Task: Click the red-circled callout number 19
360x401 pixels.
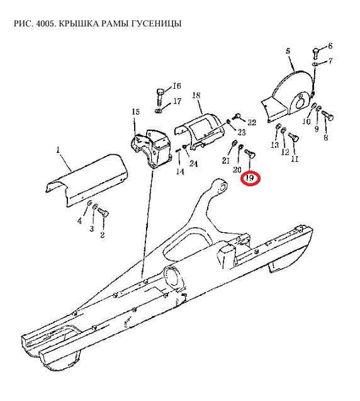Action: click(249, 178)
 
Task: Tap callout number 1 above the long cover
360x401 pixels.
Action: click(58, 150)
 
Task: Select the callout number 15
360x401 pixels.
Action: click(136, 112)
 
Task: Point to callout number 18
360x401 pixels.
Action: click(196, 96)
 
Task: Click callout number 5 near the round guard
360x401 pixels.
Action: click(288, 51)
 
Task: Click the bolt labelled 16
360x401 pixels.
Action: click(160, 96)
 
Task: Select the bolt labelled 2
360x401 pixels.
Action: click(103, 213)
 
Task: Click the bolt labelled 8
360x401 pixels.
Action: click(327, 115)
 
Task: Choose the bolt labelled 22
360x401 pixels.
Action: click(237, 116)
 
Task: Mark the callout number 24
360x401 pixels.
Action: click(194, 164)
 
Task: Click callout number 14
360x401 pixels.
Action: click(180, 172)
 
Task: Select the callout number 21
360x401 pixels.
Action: click(226, 161)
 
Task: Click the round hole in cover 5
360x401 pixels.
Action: click(300, 104)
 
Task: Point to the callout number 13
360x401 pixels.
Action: click(275, 145)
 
